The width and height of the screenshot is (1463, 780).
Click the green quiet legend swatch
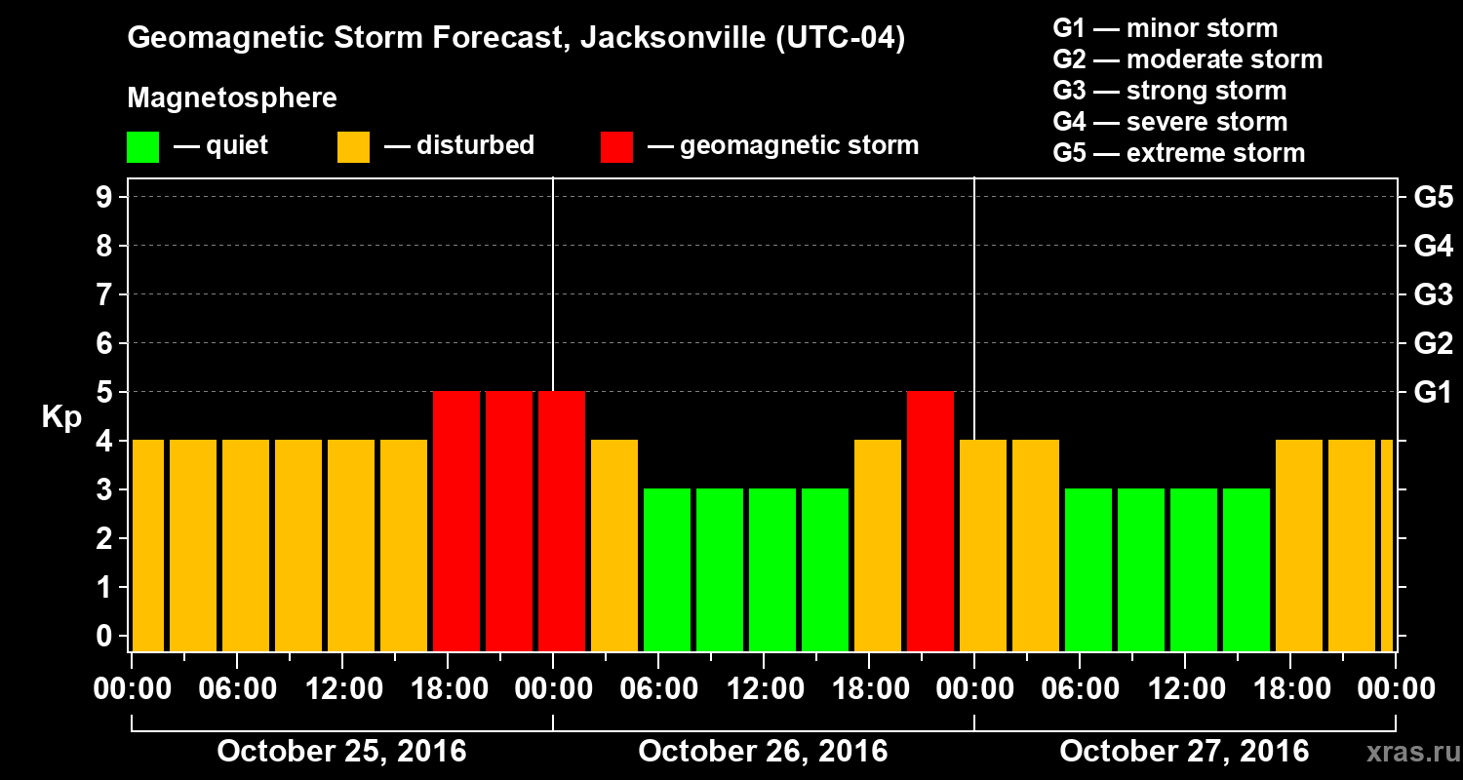[x=142, y=147]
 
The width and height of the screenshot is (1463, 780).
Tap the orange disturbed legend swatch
[x=353, y=147]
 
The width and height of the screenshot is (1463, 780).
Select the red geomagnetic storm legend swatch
[x=616, y=147]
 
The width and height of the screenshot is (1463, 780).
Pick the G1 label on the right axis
[x=1433, y=393]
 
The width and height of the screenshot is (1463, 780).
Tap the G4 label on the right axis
[x=1433, y=247]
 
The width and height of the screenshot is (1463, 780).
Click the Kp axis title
[x=60, y=417]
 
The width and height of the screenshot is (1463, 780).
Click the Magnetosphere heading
[x=232, y=98]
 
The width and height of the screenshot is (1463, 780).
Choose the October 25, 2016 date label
[x=341, y=752]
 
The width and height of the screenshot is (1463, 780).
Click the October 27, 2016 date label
[x=1184, y=752]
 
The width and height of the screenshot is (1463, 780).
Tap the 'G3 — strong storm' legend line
[x=1169, y=91]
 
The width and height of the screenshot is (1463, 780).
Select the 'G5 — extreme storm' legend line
[x=1178, y=153]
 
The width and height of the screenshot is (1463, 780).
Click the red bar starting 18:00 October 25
[x=456, y=521]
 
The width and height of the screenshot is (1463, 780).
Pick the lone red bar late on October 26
[x=930, y=521]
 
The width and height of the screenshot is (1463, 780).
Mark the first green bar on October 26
[x=667, y=569]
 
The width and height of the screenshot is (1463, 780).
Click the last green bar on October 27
[x=1246, y=569]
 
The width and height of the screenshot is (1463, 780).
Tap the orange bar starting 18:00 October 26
[x=878, y=545]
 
